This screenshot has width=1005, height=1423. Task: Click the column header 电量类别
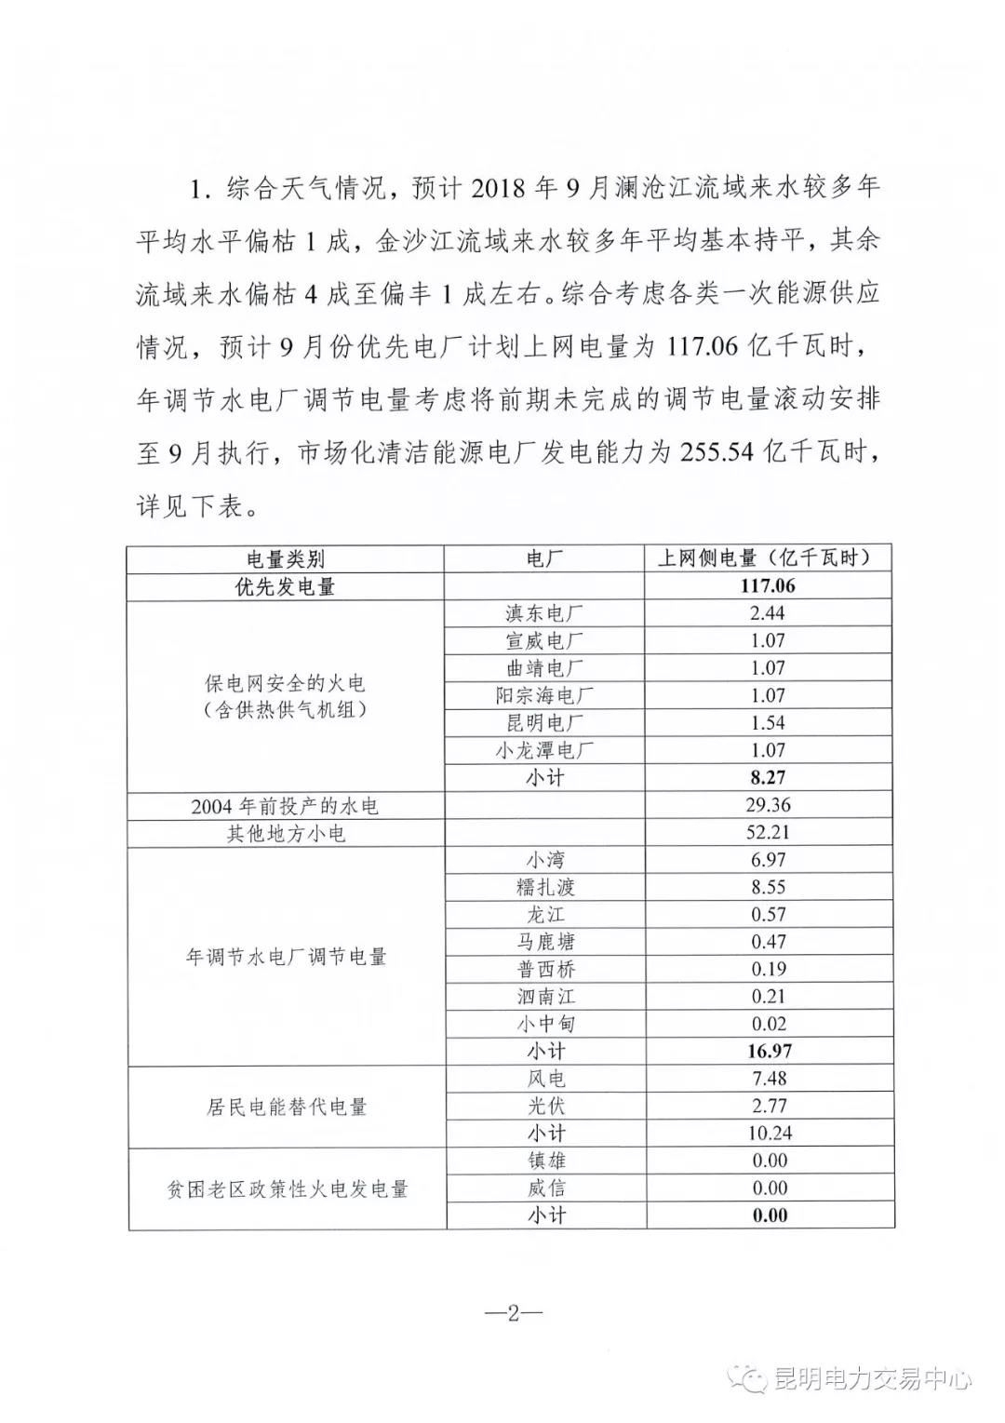point(286,558)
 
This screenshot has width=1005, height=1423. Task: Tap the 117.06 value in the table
point(769,586)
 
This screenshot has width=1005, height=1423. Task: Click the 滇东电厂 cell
point(545,613)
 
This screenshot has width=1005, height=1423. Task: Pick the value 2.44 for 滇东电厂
point(769,613)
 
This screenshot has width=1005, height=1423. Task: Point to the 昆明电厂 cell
point(545,723)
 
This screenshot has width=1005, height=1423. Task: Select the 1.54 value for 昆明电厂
point(769,723)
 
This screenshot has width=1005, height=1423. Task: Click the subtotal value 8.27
point(769,778)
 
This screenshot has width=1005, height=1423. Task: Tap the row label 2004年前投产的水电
point(286,806)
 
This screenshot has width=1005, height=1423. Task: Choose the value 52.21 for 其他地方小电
point(769,833)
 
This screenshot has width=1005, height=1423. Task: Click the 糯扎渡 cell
point(545,888)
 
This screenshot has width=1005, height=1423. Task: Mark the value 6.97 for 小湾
point(769,860)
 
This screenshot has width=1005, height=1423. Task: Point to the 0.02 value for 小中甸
point(769,1025)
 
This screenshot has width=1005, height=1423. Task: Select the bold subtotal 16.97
point(769,1052)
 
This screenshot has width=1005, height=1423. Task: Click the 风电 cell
point(545,1080)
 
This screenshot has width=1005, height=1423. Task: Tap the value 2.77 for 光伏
point(769,1107)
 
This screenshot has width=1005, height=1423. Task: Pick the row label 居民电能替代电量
point(286,1108)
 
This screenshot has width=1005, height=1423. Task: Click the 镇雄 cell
point(545,1161)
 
